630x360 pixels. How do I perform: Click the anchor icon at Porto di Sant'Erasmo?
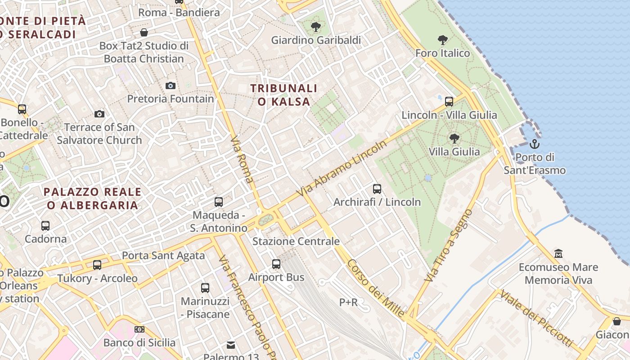[x=535, y=144]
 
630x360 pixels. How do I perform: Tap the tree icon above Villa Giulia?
[x=454, y=138]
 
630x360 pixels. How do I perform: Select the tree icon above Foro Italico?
[x=443, y=40]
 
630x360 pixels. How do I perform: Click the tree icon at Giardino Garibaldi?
[x=316, y=27]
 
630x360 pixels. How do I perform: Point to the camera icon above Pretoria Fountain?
[x=171, y=85]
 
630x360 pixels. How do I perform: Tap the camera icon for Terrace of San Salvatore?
[x=99, y=114]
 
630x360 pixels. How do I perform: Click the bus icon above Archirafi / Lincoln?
[x=377, y=189]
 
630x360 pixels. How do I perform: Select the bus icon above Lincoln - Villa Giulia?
[x=449, y=102]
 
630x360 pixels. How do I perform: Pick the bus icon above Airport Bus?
[x=276, y=264]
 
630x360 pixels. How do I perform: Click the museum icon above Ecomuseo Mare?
[x=558, y=254]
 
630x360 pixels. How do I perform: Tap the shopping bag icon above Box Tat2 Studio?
[x=144, y=32]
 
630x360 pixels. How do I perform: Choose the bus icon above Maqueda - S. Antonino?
[x=219, y=202]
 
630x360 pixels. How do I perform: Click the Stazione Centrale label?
[x=296, y=241]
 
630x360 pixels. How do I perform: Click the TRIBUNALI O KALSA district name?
[x=284, y=95]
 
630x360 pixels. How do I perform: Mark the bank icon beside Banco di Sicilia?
[x=139, y=329]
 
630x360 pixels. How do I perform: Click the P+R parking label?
[x=348, y=302]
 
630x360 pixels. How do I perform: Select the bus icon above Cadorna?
[x=45, y=226]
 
